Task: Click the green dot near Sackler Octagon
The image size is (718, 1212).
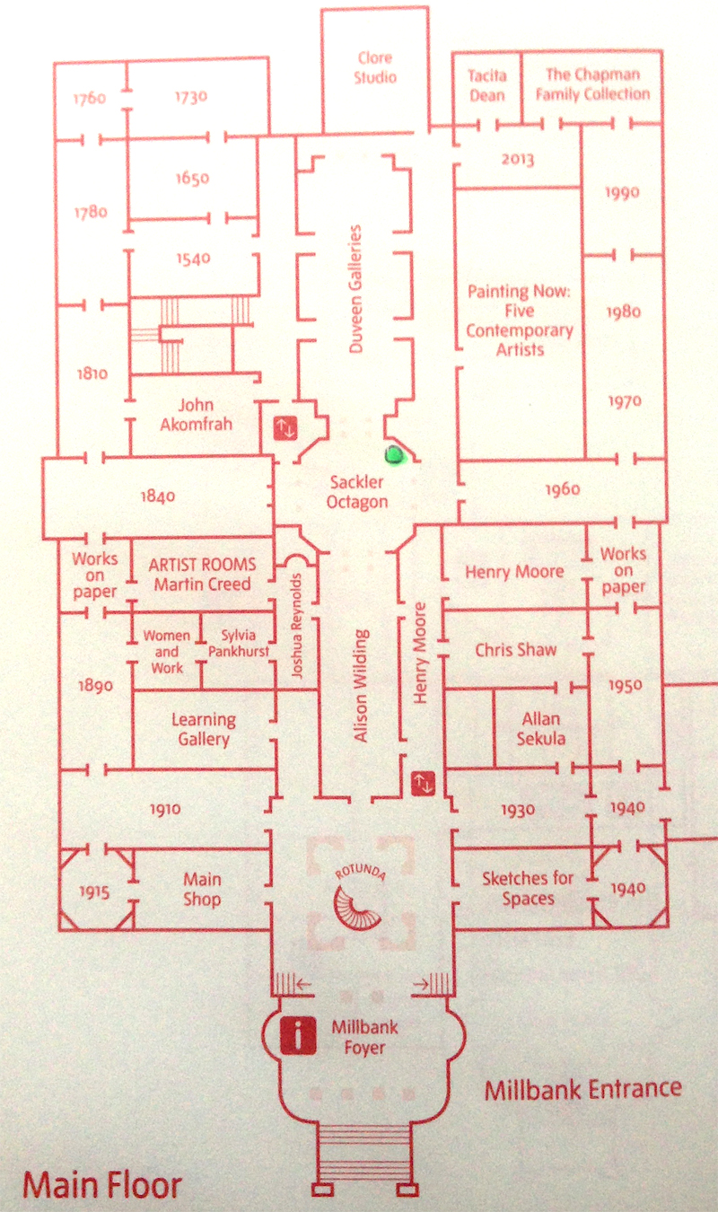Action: (393, 455)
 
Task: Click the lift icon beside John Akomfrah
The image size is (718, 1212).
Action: (285, 428)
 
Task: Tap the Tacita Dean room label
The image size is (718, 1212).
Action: (487, 86)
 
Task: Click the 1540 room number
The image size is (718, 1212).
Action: (193, 259)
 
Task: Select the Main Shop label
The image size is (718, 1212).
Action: (202, 889)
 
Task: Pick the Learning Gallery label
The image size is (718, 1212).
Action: (204, 729)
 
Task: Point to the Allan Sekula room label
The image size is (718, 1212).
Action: (540, 729)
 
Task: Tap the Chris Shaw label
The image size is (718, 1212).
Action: (516, 649)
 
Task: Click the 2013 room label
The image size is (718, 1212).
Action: (518, 161)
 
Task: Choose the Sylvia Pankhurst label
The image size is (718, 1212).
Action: (238, 643)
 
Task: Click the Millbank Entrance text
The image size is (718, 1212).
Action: (582, 1091)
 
